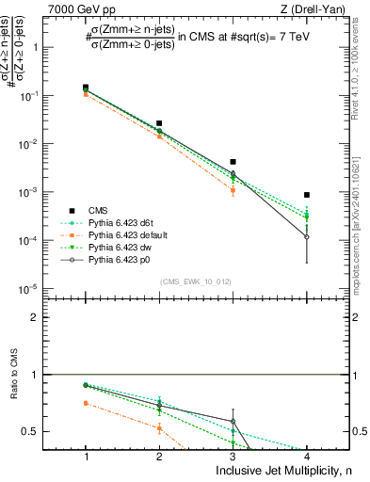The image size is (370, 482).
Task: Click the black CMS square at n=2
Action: pos(159,123)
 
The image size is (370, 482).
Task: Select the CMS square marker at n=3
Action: pos(233,162)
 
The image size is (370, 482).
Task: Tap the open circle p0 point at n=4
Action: pos(307,237)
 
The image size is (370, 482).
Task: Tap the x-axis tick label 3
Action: pos(233,456)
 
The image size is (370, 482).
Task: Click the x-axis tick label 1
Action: pos(86,456)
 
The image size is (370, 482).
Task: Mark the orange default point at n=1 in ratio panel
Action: pos(86,403)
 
